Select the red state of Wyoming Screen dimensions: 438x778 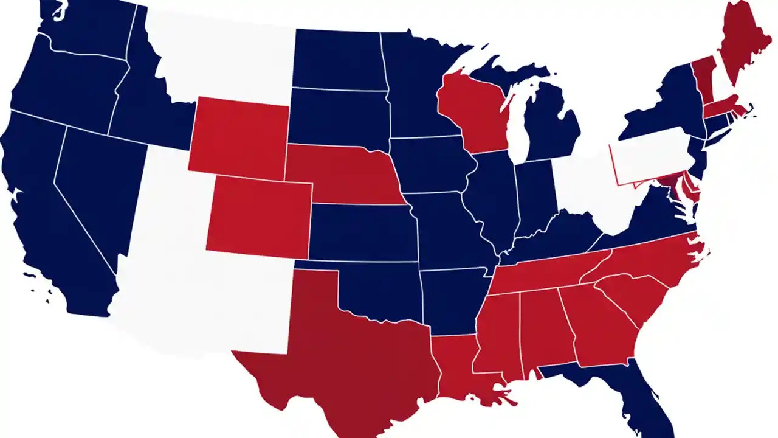[240, 137]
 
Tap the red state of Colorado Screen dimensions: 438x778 [258, 216]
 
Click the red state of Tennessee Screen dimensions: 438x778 [541, 274]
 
